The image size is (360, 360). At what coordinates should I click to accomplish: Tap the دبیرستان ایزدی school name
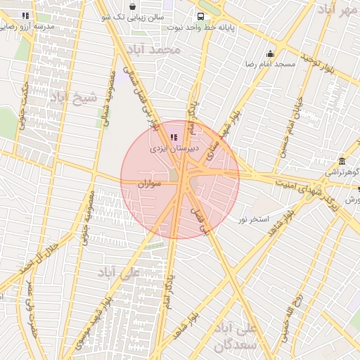pos(174,149)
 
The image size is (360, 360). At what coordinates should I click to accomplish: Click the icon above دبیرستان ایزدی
pos(174,138)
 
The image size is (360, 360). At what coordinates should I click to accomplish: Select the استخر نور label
pos(252,220)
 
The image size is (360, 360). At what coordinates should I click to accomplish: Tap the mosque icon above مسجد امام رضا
pos(270,53)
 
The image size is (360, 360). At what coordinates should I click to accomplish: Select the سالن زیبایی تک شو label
pos(141,15)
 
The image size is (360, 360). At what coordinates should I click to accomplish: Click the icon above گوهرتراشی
pos(342,161)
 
